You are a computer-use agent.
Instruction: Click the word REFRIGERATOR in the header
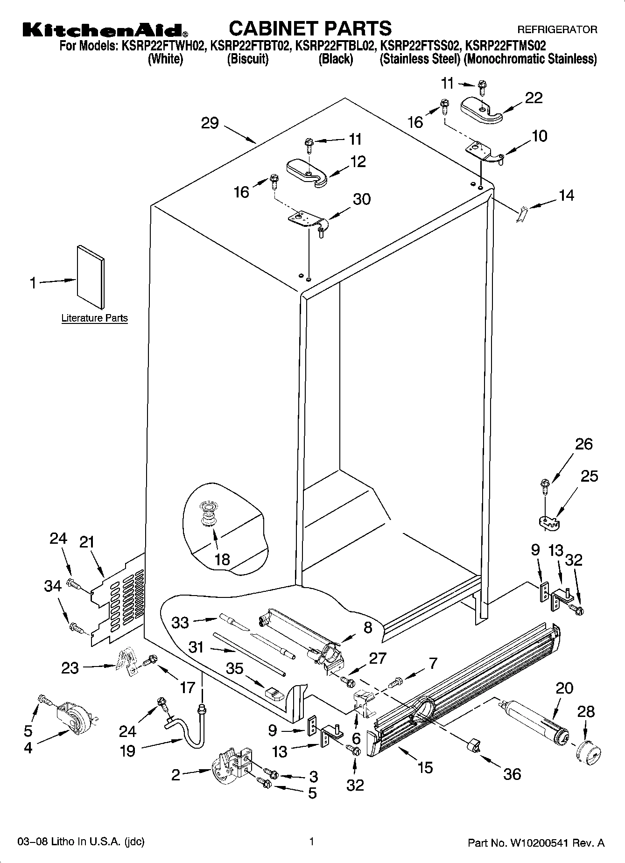tap(557, 30)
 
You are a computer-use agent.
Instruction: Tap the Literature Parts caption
tap(94, 318)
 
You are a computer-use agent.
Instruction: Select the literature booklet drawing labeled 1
tap(91, 277)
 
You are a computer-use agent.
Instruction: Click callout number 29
tap(210, 123)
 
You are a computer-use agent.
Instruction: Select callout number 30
tap(361, 199)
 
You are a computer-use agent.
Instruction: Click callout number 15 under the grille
tap(425, 767)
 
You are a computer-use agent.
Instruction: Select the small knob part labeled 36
tap(473, 745)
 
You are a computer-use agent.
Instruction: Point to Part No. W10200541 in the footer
tap(536, 843)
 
